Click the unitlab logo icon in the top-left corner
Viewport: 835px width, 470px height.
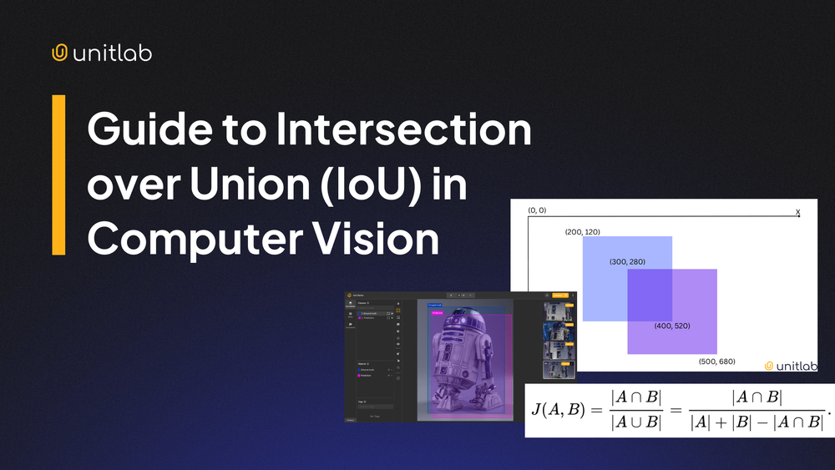[59, 53]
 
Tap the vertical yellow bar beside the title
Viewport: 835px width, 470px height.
[58, 174]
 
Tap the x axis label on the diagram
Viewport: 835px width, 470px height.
[797, 212]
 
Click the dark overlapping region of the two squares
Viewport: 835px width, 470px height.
[650, 295]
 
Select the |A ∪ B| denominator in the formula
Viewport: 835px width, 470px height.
[635, 422]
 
